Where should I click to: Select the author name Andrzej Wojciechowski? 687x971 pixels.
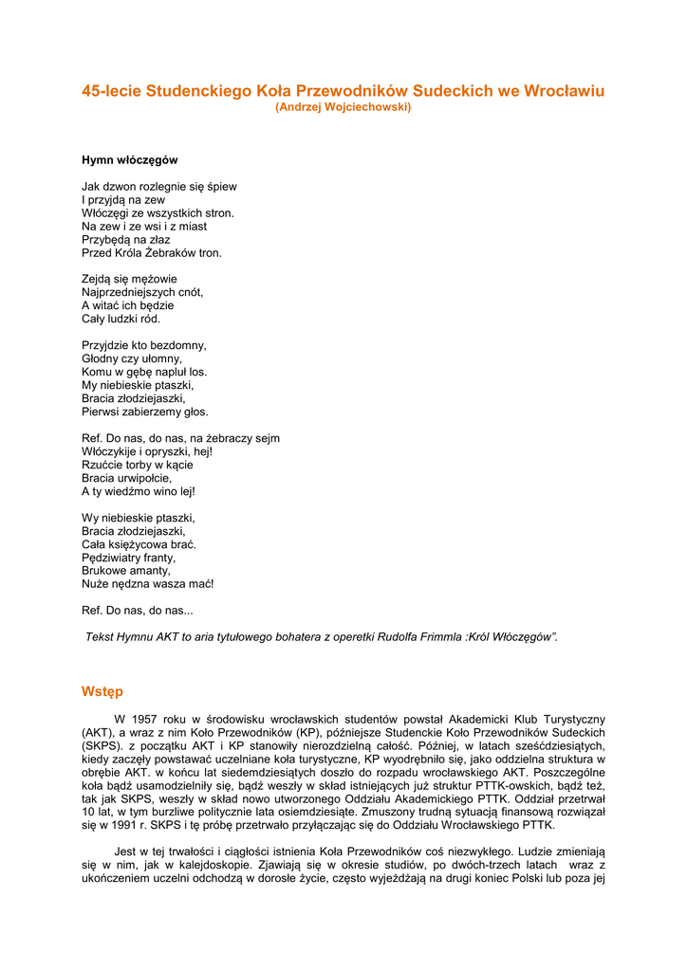click(343, 107)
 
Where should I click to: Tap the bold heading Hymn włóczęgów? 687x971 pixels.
click(130, 160)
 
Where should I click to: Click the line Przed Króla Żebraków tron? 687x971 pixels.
click(152, 253)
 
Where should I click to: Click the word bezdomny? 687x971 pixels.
click(177, 346)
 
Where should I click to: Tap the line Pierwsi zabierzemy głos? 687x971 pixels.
click(145, 412)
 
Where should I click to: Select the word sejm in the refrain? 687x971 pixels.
click(269, 439)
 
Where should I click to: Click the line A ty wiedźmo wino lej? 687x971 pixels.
click(139, 492)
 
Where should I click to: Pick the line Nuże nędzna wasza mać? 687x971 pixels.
click(148, 585)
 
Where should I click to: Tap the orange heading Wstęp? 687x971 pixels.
click(102, 692)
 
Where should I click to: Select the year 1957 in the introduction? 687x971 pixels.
click(152, 720)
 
